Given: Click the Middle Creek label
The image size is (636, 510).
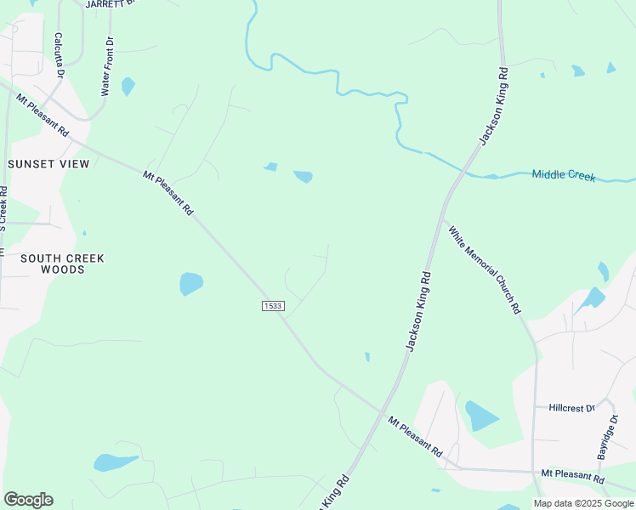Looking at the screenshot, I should tap(564, 175).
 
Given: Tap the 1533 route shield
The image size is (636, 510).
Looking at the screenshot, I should tap(273, 306).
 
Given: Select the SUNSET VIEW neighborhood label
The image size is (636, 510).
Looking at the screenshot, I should tap(48, 163).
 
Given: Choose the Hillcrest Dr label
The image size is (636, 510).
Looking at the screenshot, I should tap(571, 408).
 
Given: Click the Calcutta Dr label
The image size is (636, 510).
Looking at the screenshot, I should tap(60, 55).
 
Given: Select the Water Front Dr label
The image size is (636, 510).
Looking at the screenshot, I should tap(106, 66).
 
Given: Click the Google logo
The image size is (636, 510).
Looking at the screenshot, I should tap(28, 500).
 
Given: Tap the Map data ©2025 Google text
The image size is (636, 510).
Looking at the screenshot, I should tap(583, 503).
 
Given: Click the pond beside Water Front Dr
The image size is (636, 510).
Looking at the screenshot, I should tap(128, 86).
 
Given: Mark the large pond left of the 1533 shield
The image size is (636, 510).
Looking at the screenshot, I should tap(191, 283).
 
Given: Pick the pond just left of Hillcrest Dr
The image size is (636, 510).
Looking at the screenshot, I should tap(480, 416).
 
